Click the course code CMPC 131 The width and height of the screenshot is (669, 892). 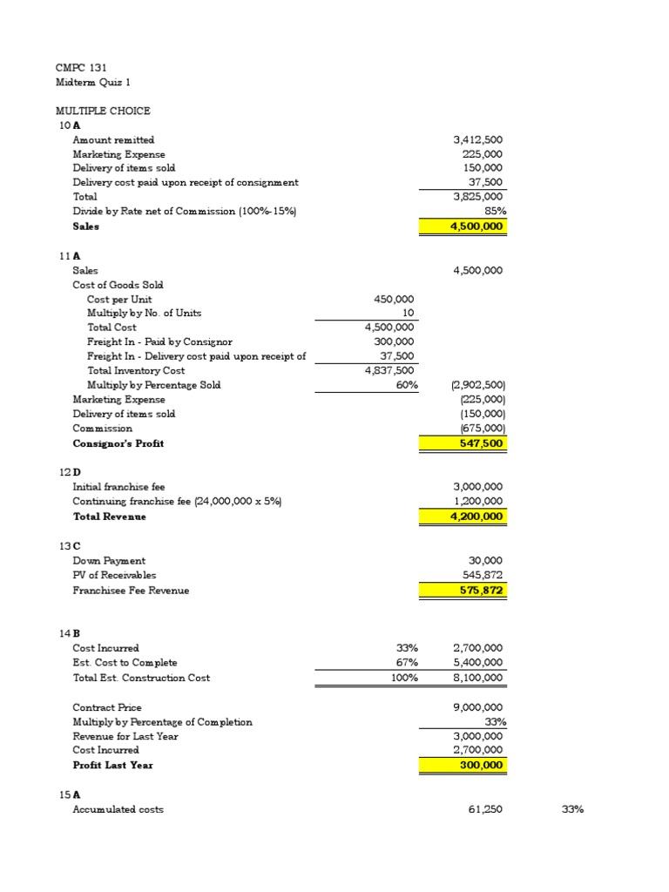[x=81, y=67]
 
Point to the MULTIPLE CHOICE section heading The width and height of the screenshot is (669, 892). [x=103, y=111]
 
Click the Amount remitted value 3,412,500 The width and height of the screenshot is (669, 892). [x=477, y=139]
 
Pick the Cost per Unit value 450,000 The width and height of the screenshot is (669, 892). [x=394, y=299]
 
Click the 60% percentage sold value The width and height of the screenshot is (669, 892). [x=403, y=385]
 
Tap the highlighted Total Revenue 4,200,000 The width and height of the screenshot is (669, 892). [x=477, y=517]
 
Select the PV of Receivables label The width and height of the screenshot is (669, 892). [x=114, y=575]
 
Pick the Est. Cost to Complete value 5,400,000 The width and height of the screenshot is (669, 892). [x=477, y=663]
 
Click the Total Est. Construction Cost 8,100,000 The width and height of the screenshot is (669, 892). [x=477, y=678]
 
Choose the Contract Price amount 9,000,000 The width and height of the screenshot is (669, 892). [x=477, y=707]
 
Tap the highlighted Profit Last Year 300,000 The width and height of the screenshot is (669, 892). [x=483, y=765]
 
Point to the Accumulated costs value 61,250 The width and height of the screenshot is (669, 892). [x=485, y=809]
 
